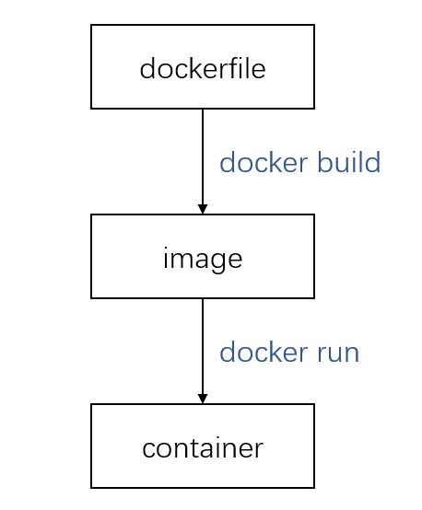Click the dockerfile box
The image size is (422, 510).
point(203,67)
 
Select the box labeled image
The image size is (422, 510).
point(203,257)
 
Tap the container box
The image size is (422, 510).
point(203,446)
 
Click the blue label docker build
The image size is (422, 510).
point(299,163)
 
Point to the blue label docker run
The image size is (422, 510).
point(289,353)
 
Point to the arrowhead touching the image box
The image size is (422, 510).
point(203,209)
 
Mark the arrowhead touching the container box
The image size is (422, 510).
point(203,399)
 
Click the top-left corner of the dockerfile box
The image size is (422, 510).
point(91,26)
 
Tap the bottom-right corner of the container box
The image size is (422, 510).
point(314,487)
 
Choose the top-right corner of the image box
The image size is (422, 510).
point(314,215)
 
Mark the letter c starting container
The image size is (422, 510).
point(148,449)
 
